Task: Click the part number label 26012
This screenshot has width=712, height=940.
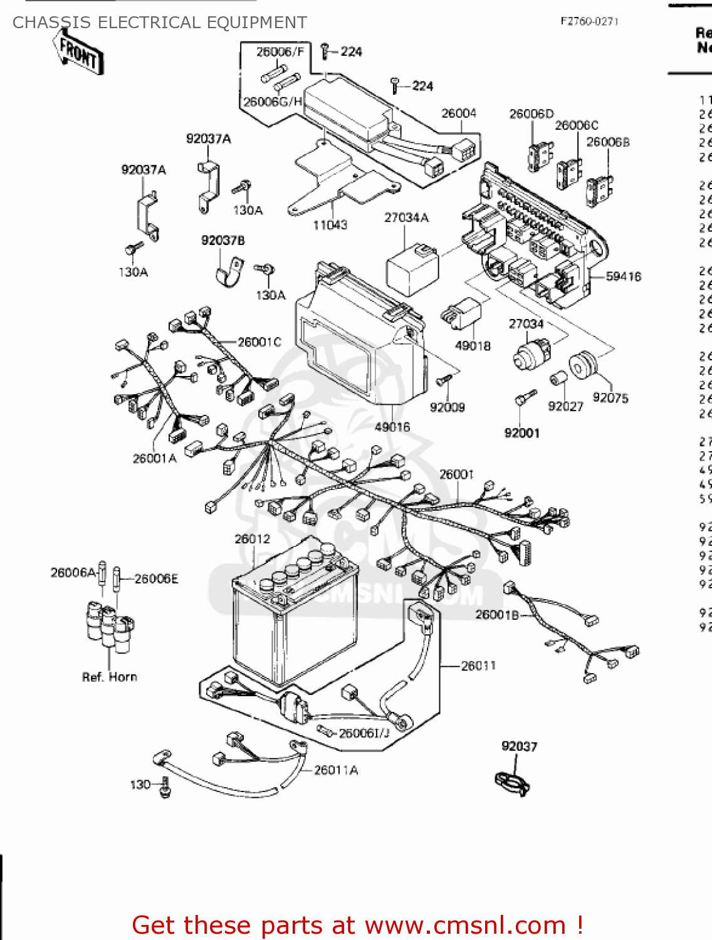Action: coord(252,539)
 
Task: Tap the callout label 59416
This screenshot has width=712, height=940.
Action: coord(623,276)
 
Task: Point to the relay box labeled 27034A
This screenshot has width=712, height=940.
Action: coord(412,271)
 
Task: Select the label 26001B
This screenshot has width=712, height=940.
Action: coord(497,615)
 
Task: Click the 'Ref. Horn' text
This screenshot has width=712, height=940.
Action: coord(110,677)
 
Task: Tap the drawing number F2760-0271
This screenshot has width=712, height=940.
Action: coord(589,21)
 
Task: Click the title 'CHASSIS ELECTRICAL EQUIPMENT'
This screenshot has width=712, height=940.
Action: coord(160,23)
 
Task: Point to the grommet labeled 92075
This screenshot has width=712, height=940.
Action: coord(583,365)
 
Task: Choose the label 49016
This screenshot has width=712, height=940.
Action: coord(392,427)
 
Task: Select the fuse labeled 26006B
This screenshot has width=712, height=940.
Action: coord(599,189)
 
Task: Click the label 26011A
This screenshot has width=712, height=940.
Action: coord(336,770)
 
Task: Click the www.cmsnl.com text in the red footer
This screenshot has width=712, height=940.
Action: coord(465,925)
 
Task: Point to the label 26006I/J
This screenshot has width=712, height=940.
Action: coord(364,733)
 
